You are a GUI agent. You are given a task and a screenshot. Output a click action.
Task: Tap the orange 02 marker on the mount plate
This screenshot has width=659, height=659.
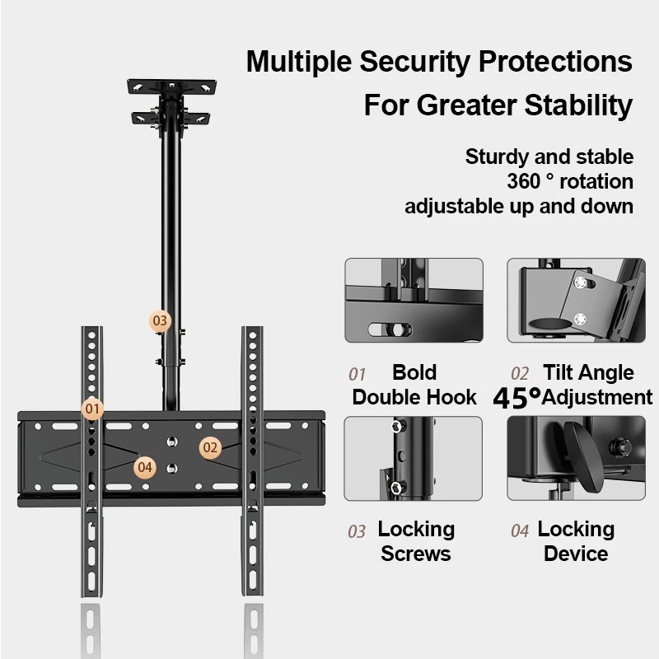(x=211, y=447)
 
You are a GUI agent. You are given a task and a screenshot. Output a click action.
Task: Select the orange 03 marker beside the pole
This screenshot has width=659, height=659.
(x=160, y=320)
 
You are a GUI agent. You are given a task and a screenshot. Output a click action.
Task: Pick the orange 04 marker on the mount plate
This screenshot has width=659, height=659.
(x=146, y=467)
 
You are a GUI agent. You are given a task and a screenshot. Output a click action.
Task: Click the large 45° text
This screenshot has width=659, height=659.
(x=517, y=397)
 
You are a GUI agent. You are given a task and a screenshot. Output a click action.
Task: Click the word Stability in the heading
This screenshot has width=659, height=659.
(x=567, y=105)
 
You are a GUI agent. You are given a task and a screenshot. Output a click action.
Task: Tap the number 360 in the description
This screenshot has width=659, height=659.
(x=526, y=180)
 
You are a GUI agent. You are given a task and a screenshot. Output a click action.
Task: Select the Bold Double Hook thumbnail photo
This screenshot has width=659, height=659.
(x=414, y=300)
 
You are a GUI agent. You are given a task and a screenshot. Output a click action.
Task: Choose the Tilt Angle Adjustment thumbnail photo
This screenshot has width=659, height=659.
(x=576, y=300)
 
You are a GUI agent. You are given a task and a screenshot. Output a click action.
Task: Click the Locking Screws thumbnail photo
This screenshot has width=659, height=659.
(x=414, y=458)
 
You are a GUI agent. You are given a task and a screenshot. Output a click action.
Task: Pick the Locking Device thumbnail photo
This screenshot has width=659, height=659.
(x=576, y=458)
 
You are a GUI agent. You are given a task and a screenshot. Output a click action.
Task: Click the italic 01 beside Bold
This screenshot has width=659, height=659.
(x=356, y=375)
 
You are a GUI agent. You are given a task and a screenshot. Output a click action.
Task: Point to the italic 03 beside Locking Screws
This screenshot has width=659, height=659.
(x=356, y=531)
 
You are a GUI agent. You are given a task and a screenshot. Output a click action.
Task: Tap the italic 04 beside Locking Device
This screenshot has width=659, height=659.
(x=520, y=531)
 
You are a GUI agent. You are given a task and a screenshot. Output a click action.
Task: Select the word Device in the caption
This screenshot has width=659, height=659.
(x=576, y=554)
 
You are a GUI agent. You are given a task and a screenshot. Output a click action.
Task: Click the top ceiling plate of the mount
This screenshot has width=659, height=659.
(x=171, y=86)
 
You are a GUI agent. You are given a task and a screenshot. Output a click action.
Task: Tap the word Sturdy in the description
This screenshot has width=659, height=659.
(x=496, y=157)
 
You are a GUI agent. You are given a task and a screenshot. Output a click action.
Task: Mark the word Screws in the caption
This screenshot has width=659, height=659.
(x=416, y=554)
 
